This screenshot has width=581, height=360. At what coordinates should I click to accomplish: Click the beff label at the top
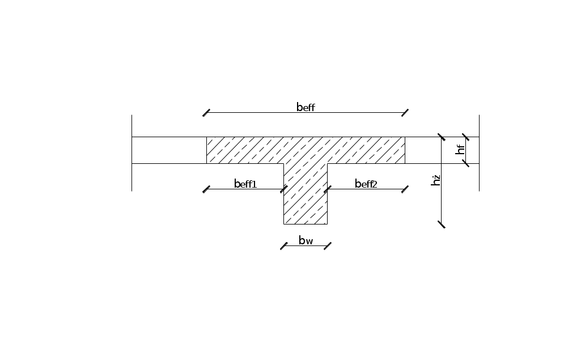[x=306, y=107]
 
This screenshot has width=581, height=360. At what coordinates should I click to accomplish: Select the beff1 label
[x=245, y=184]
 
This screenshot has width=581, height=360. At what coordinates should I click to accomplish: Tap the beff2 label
[x=366, y=184]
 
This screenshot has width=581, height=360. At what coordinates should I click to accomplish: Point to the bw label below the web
[x=306, y=240]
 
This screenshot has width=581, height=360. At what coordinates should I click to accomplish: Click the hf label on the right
[x=460, y=150]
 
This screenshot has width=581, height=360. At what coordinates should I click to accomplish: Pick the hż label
[x=436, y=180]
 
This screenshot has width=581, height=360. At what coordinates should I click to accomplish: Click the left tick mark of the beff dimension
[x=206, y=113]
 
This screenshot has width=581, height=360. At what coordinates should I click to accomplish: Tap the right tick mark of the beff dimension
[x=405, y=113]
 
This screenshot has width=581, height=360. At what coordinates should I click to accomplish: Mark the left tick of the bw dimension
[x=284, y=246]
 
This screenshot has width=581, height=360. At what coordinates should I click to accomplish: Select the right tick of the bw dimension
[x=328, y=246]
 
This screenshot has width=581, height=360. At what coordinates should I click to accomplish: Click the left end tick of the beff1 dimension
[x=206, y=189]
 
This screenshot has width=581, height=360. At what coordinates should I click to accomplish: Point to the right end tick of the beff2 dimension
[x=405, y=189]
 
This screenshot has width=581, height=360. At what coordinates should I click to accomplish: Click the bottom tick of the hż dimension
[x=442, y=225]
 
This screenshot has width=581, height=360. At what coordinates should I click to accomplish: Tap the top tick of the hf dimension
[x=466, y=137]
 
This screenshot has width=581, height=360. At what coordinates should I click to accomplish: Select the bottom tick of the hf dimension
[x=466, y=163]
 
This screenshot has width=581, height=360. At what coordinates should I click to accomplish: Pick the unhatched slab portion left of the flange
[x=169, y=150]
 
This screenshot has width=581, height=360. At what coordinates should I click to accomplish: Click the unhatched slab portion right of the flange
[x=442, y=150]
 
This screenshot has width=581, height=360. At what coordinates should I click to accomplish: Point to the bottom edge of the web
[x=306, y=224]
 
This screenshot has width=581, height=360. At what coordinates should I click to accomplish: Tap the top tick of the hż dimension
[x=442, y=137]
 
